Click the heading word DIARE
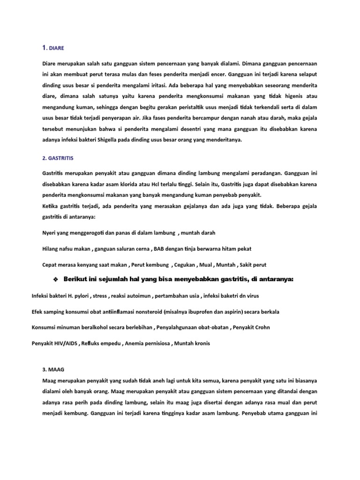pyautogui.click(x=56, y=48)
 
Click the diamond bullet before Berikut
pyautogui.click(x=55, y=280)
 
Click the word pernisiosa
pyautogui.click(x=155, y=343)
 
